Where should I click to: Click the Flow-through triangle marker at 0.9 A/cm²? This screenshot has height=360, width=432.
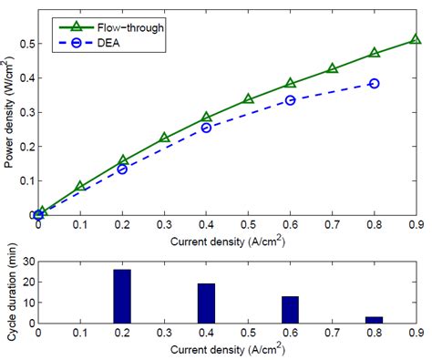pyautogui.click(x=416, y=39)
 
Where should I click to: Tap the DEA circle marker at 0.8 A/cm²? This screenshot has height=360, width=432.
pyautogui.click(x=374, y=83)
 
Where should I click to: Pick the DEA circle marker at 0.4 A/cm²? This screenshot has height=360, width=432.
pyautogui.click(x=206, y=128)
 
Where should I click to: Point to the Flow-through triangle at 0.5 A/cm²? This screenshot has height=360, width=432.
pyautogui.click(x=248, y=98)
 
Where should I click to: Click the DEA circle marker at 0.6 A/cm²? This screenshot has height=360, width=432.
pyautogui.click(x=290, y=99)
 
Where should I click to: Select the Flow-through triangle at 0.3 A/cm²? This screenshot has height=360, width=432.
pyautogui.click(x=164, y=139)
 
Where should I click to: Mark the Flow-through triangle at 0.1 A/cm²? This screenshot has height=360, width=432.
pyautogui.click(x=80, y=186)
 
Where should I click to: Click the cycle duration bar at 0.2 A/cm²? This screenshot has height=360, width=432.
pyautogui.click(x=122, y=296)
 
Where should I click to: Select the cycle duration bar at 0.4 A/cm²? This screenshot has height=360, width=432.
pyautogui.click(x=206, y=303)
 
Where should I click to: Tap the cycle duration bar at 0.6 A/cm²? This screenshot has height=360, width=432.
pyautogui.click(x=290, y=310)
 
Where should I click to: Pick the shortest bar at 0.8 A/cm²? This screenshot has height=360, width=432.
pyautogui.click(x=374, y=320)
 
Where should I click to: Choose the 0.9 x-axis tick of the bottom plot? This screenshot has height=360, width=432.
pyautogui.click(x=416, y=334)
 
